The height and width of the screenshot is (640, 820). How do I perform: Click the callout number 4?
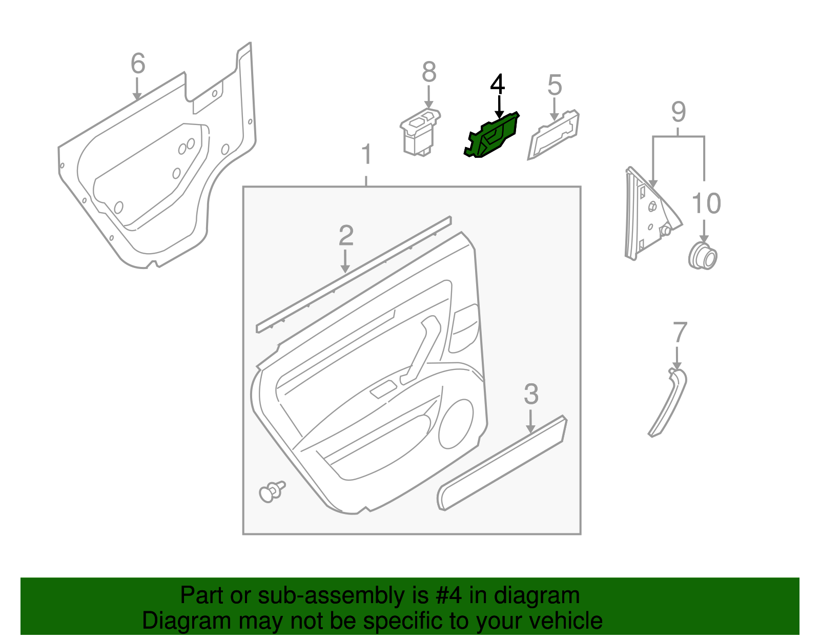[x=497, y=85]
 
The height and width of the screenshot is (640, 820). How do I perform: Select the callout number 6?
[x=138, y=64]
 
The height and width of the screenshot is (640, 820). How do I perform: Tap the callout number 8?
[x=429, y=73]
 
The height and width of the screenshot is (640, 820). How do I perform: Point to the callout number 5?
[x=555, y=86]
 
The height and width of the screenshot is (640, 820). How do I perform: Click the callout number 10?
[x=706, y=204]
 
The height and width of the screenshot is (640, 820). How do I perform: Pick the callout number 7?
[x=680, y=333]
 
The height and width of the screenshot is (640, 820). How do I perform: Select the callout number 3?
[x=531, y=395]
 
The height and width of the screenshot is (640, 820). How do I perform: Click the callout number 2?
[x=346, y=236]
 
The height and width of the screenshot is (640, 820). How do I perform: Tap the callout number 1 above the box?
[x=366, y=155]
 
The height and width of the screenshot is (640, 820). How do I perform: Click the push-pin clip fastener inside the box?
[x=271, y=492]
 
